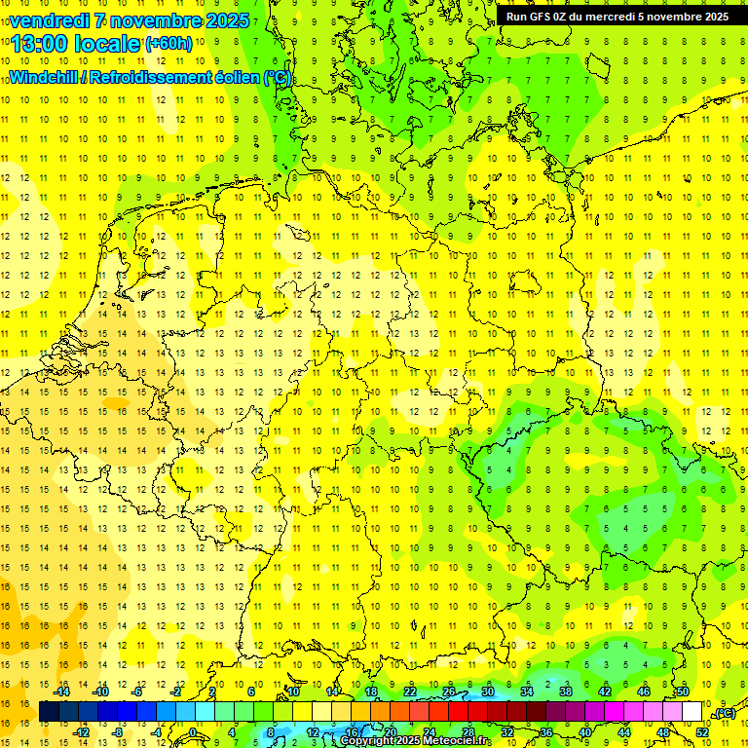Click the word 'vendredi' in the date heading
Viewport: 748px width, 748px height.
[49, 20]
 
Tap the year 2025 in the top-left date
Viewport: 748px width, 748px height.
[223, 20]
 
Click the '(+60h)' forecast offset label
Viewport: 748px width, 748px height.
[168, 44]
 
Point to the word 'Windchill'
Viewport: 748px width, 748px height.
[47, 77]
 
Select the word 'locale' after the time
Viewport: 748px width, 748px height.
[107, 44]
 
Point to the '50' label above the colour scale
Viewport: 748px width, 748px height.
[683, 692]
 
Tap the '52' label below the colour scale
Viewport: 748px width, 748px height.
[701, 732]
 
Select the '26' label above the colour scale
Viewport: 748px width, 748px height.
[449, 692]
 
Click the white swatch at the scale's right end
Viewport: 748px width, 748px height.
[692, 712]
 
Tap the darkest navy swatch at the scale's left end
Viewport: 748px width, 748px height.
[50, 712]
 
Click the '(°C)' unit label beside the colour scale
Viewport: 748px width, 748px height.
[724, 713]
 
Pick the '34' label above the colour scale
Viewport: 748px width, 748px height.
[527, 692]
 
